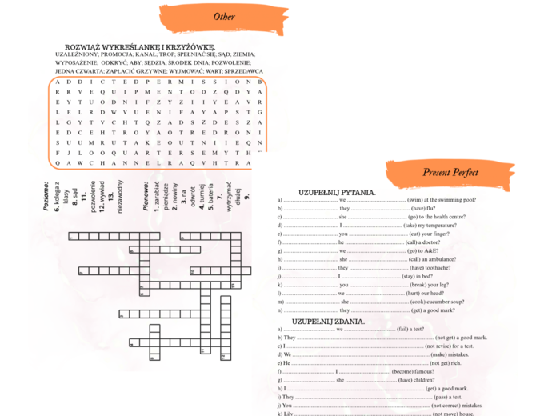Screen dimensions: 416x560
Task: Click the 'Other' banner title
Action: (x=224, y=17)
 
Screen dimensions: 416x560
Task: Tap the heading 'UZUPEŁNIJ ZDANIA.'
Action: (x=329, y=322)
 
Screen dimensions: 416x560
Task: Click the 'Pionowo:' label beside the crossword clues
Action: (x=145, y=196)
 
